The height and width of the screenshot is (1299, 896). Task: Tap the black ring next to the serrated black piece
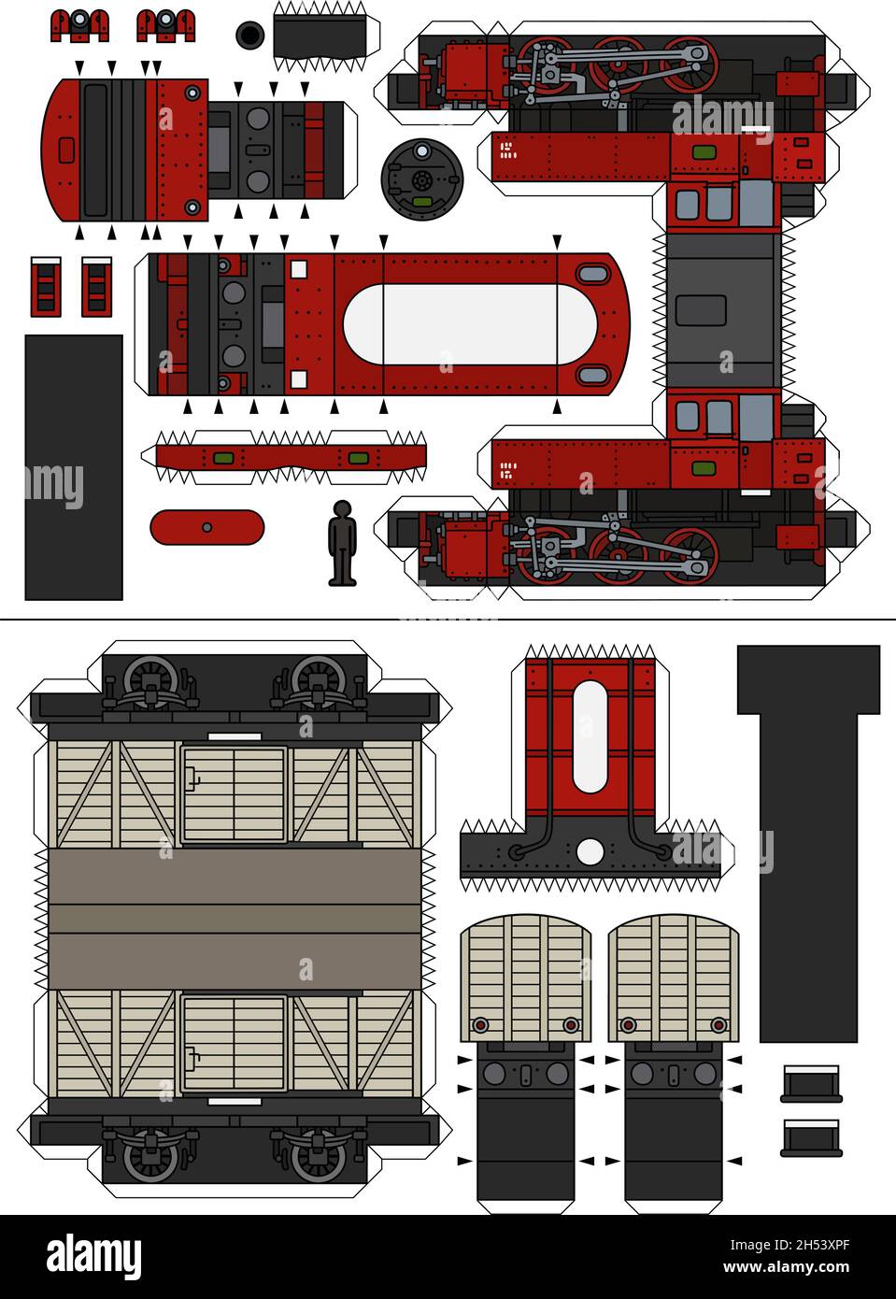(249, 36)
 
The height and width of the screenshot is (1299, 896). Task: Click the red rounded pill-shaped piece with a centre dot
(206, 527)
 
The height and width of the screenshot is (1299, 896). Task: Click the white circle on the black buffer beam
(590, 852)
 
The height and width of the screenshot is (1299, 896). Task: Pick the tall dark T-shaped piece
(808, 841)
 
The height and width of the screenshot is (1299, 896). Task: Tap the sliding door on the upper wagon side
(234, 792)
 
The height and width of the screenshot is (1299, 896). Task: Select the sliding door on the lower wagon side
(234, 1043)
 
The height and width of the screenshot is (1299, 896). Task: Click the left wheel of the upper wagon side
(149, 680)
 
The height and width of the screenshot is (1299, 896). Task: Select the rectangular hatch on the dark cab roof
(701, 310)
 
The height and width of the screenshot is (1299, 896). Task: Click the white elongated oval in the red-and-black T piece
(590, 736)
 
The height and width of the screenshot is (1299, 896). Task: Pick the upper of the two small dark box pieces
(811, 1084)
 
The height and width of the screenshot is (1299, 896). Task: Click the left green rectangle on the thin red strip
(222, 458)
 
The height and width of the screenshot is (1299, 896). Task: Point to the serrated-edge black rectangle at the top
(318, 36)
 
